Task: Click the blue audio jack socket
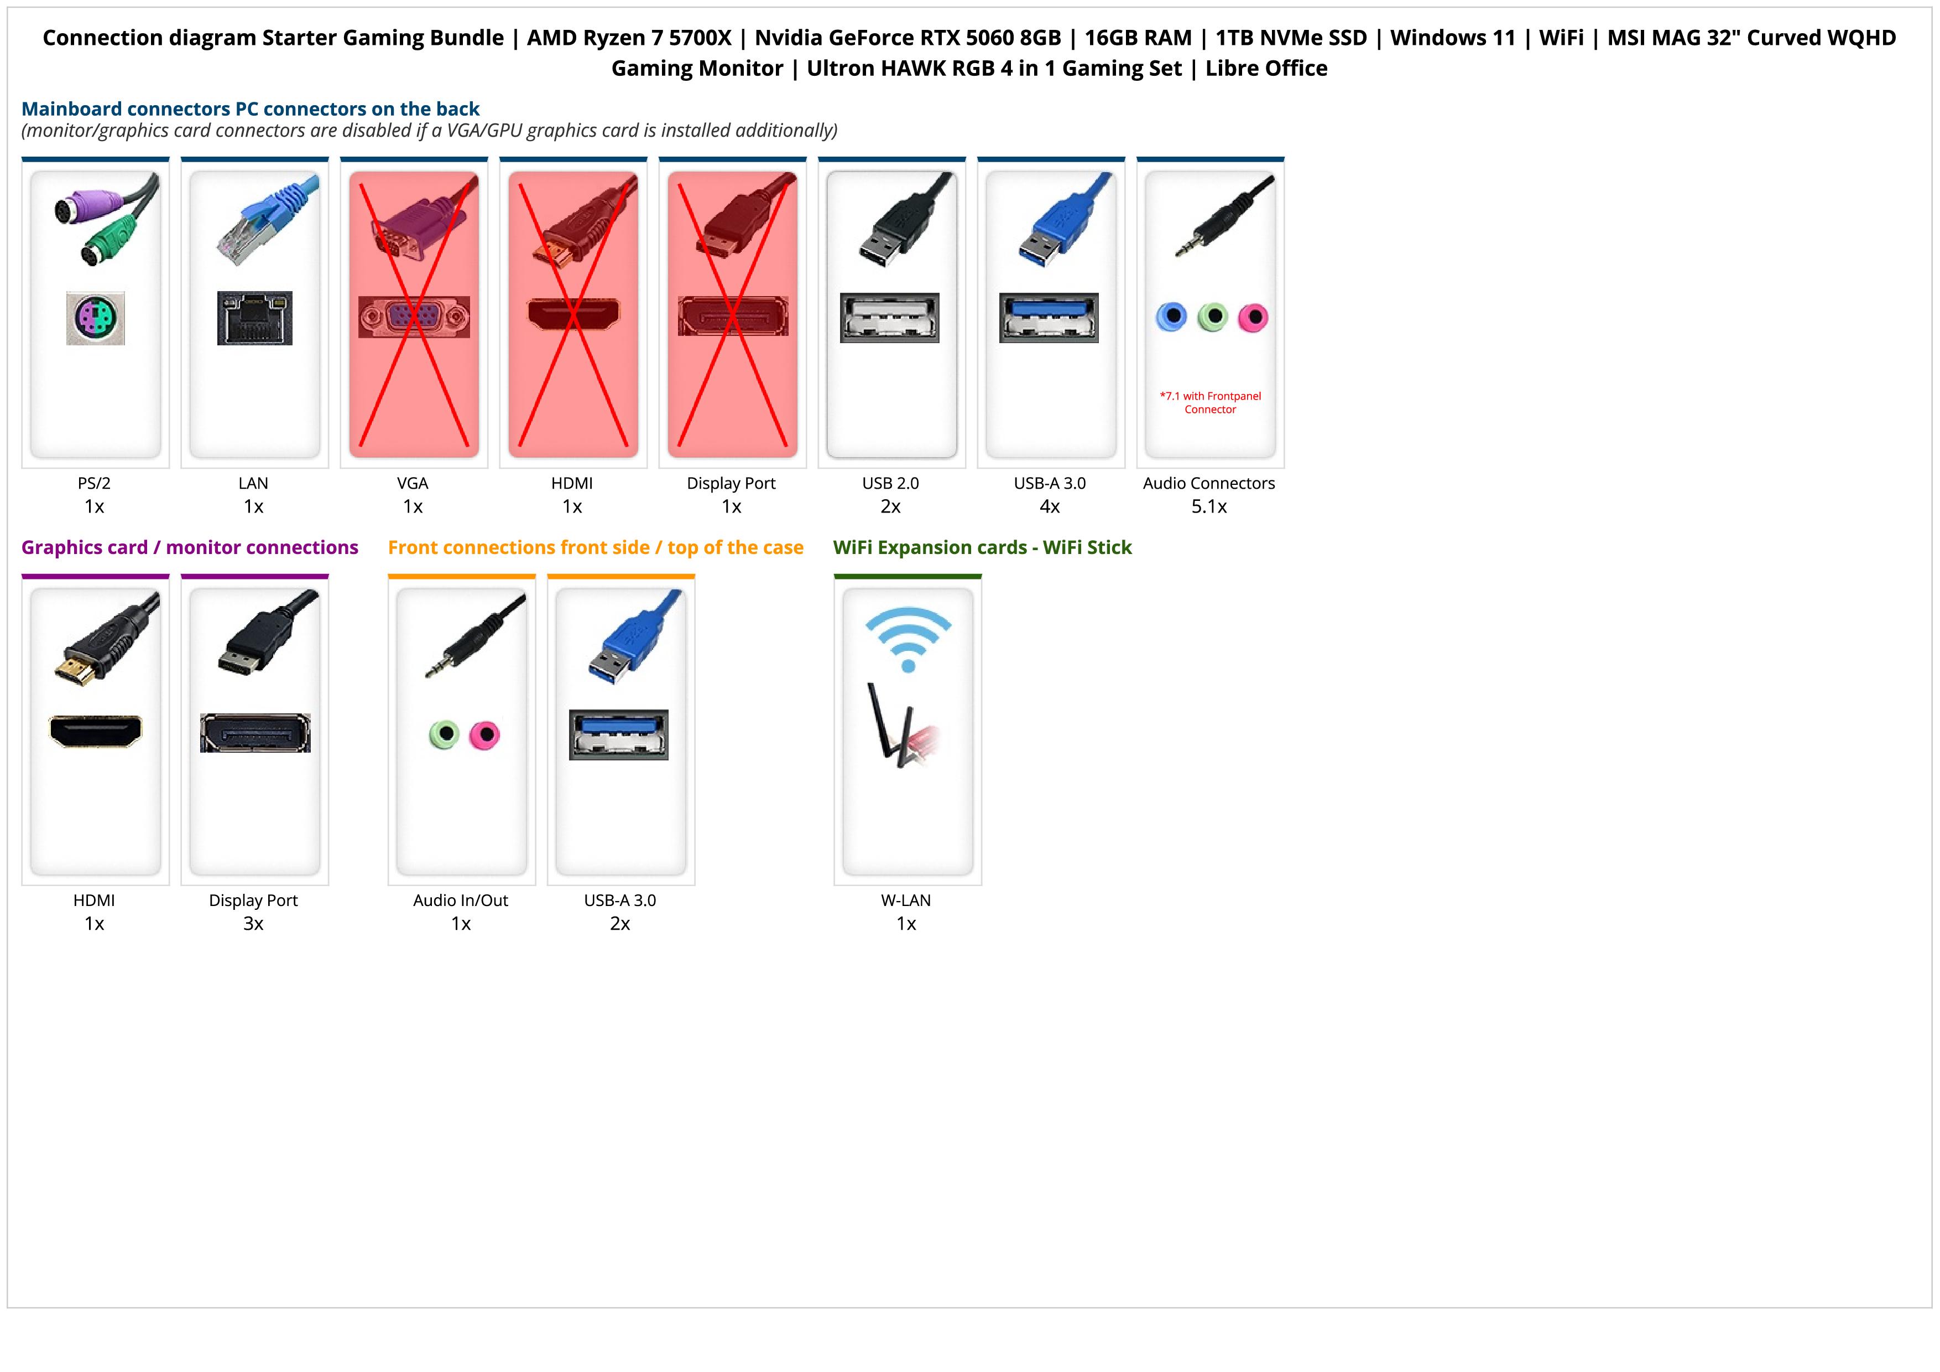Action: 1171,317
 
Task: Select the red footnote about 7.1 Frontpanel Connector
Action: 1210,402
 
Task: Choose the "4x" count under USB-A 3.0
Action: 1050,506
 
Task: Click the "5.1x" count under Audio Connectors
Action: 1208,506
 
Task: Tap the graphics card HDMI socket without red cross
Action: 96,731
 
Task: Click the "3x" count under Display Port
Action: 253,923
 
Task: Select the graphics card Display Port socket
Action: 254,733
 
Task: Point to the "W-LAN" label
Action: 906,900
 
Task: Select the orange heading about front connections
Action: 595,548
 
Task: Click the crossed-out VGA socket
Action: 413,317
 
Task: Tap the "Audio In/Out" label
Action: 461,900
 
